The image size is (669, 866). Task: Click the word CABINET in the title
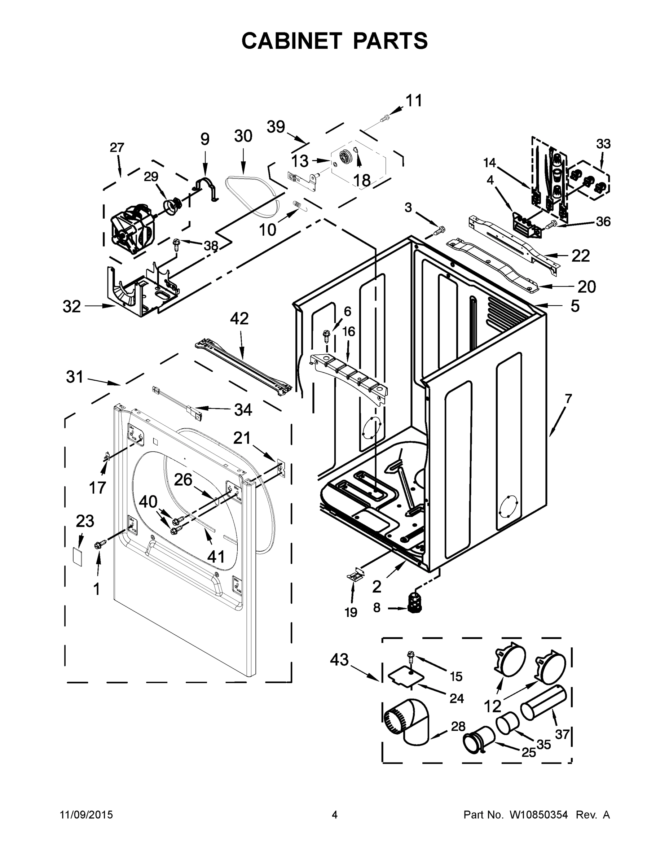(291, 41)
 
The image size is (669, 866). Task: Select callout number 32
(71, 306)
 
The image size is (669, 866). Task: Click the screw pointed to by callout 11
(384, 118)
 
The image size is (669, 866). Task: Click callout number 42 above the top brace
(239, 318)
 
